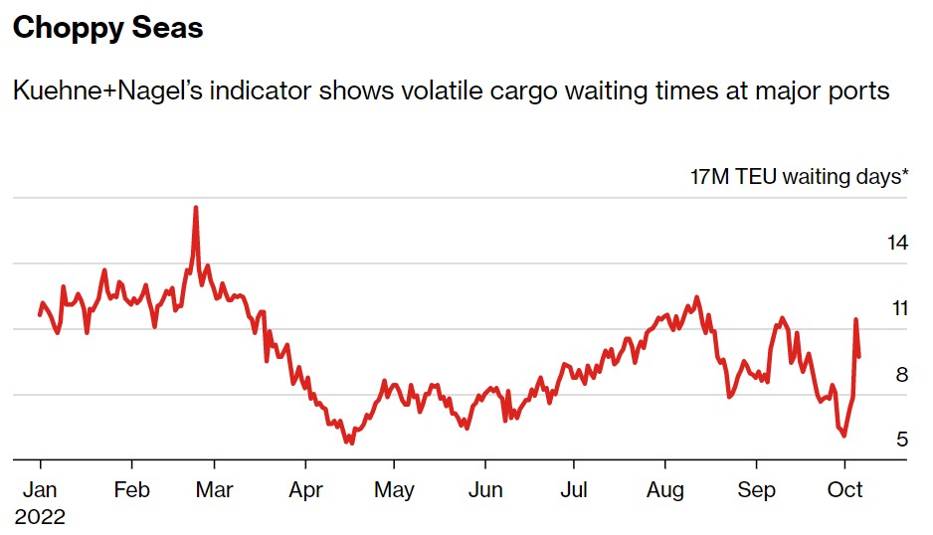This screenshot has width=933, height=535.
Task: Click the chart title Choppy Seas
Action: click(x=107, y=29)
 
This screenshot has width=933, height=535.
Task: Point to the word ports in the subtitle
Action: click(x=856, y=91)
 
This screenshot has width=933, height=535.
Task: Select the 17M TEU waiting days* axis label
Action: click(x=800, y=178)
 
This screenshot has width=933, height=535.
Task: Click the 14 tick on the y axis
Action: click(x=898, y=243)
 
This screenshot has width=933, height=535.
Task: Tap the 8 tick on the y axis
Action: click(x=901, y=375)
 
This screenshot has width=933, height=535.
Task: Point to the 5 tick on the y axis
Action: click(x=901, y=440)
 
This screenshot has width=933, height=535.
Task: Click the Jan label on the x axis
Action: click(x=40, y=490)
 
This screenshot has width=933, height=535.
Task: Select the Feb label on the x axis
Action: click(x=131, y=490)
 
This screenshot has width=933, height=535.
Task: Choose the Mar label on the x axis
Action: click(x=214, y=490)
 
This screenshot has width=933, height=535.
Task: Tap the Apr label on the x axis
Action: click(x=305, y=490)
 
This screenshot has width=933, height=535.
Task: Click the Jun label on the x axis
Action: click(x=484, y=490)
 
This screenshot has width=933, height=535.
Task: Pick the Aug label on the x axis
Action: click(x=665, y=490)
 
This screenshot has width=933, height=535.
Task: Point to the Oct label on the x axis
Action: click(x=845, y=490)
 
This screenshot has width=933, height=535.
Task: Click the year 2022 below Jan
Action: click(x=40, y=517)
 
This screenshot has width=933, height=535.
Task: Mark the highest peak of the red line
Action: click(x=196, y=208)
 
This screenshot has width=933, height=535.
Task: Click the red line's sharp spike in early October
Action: click(x=855, y=320)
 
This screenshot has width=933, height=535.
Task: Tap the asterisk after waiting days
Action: click(x=905, y=176)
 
